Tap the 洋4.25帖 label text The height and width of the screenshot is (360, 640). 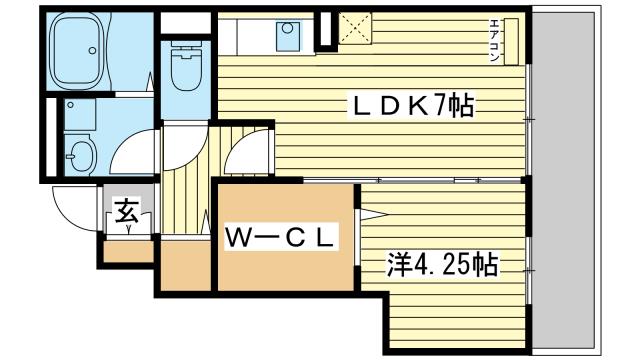point(442,265)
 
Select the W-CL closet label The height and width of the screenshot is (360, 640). point(281,237)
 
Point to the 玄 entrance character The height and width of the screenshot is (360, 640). point(127,211)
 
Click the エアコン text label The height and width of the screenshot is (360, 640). point(494,41)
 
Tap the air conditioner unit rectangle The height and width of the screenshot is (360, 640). point(511,41)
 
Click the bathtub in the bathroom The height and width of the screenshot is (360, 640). point(76,51)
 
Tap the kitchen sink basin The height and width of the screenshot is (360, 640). point(287,36)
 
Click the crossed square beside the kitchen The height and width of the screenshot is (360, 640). point(356,28)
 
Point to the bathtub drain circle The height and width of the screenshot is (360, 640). point(93,50)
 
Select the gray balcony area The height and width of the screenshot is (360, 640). point(564,183)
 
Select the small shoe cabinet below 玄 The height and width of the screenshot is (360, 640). point(128,251)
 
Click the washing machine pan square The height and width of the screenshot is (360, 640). point(80,115)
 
